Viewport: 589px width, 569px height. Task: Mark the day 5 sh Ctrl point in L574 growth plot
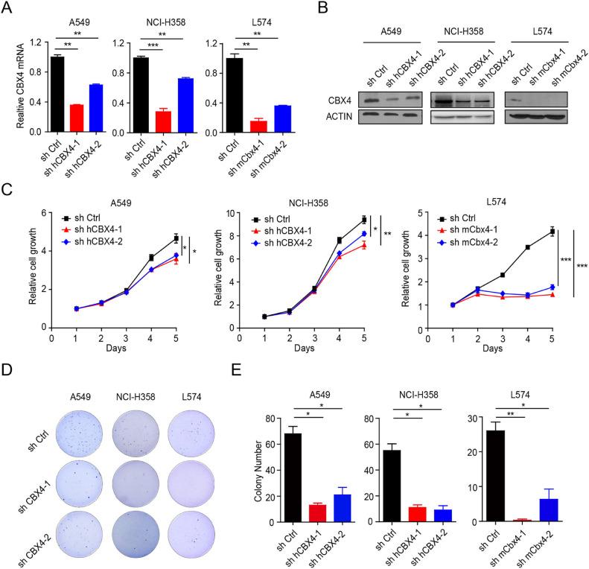(x=552, y=232)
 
